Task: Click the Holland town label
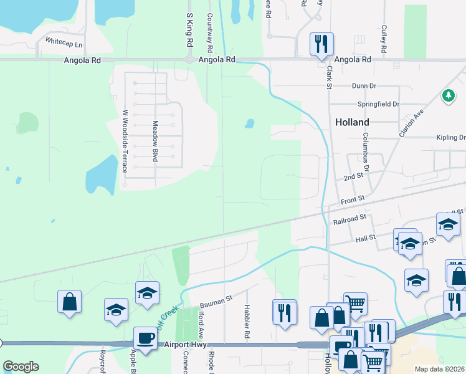click(x=352, y=122)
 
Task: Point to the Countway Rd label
click(x=210, y=32)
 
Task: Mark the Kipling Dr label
click(x=451, y=137)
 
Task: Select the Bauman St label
click(x=216, y=300)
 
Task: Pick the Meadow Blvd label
click(x=156, y=141)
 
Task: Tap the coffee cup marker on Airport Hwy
click(x=145, y=339)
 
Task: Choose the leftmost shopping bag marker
click(x=70, y=302)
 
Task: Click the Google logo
click(x=21, y=367)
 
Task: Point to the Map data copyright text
click(x=439, y=369)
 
